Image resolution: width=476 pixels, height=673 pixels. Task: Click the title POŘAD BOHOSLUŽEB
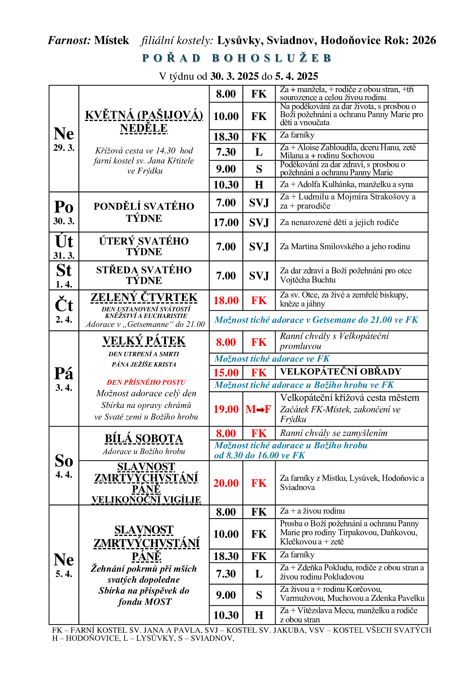237,58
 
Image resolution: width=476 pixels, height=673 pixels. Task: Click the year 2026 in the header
424,40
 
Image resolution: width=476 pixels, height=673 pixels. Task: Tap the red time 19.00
226,409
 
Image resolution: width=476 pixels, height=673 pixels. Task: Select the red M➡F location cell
258,409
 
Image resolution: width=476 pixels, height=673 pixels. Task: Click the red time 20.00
226,483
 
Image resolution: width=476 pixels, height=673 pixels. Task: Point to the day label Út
64,242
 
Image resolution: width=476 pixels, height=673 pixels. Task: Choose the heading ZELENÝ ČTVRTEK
144,297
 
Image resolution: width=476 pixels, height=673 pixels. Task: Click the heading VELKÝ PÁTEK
144,341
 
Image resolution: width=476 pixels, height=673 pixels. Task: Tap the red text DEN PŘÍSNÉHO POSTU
146,382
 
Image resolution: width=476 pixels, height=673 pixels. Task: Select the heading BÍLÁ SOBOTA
144,439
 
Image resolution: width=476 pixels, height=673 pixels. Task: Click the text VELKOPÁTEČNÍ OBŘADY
340,372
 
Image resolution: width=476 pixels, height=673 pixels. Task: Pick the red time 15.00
226,373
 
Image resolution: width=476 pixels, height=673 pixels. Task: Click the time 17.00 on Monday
226,222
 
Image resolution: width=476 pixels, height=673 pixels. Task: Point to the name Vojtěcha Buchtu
308,280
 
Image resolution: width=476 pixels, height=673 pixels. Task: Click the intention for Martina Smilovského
345,247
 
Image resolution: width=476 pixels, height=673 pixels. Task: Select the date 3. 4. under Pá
64,388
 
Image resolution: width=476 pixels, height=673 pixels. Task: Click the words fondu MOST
144,602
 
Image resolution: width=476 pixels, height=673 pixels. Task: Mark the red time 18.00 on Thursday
226,300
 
